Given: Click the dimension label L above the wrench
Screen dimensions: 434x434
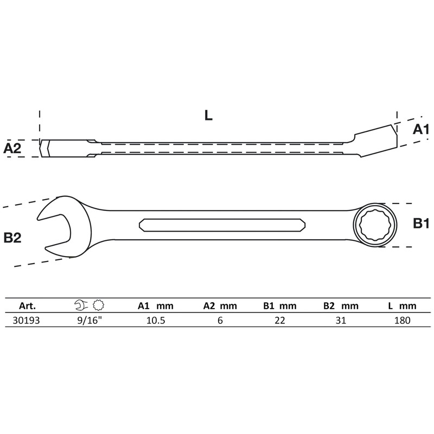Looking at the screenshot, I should pyautogui.click(x=209, y=115).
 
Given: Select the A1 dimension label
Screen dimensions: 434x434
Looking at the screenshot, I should pyautogui.click(x=421, y=129).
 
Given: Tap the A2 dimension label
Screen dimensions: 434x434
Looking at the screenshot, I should pyautogui.click(x=12, y=148).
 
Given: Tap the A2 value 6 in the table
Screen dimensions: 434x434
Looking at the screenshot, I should pyautogui.click(x=220, y=321).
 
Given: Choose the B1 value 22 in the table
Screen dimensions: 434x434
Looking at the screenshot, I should pyautogui.click(x=280, y=321).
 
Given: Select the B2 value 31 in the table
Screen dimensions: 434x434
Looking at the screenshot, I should pyautogui.click(x=340, y=321).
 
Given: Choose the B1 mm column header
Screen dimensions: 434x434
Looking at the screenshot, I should pyautogui.click(x=280, y=306).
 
